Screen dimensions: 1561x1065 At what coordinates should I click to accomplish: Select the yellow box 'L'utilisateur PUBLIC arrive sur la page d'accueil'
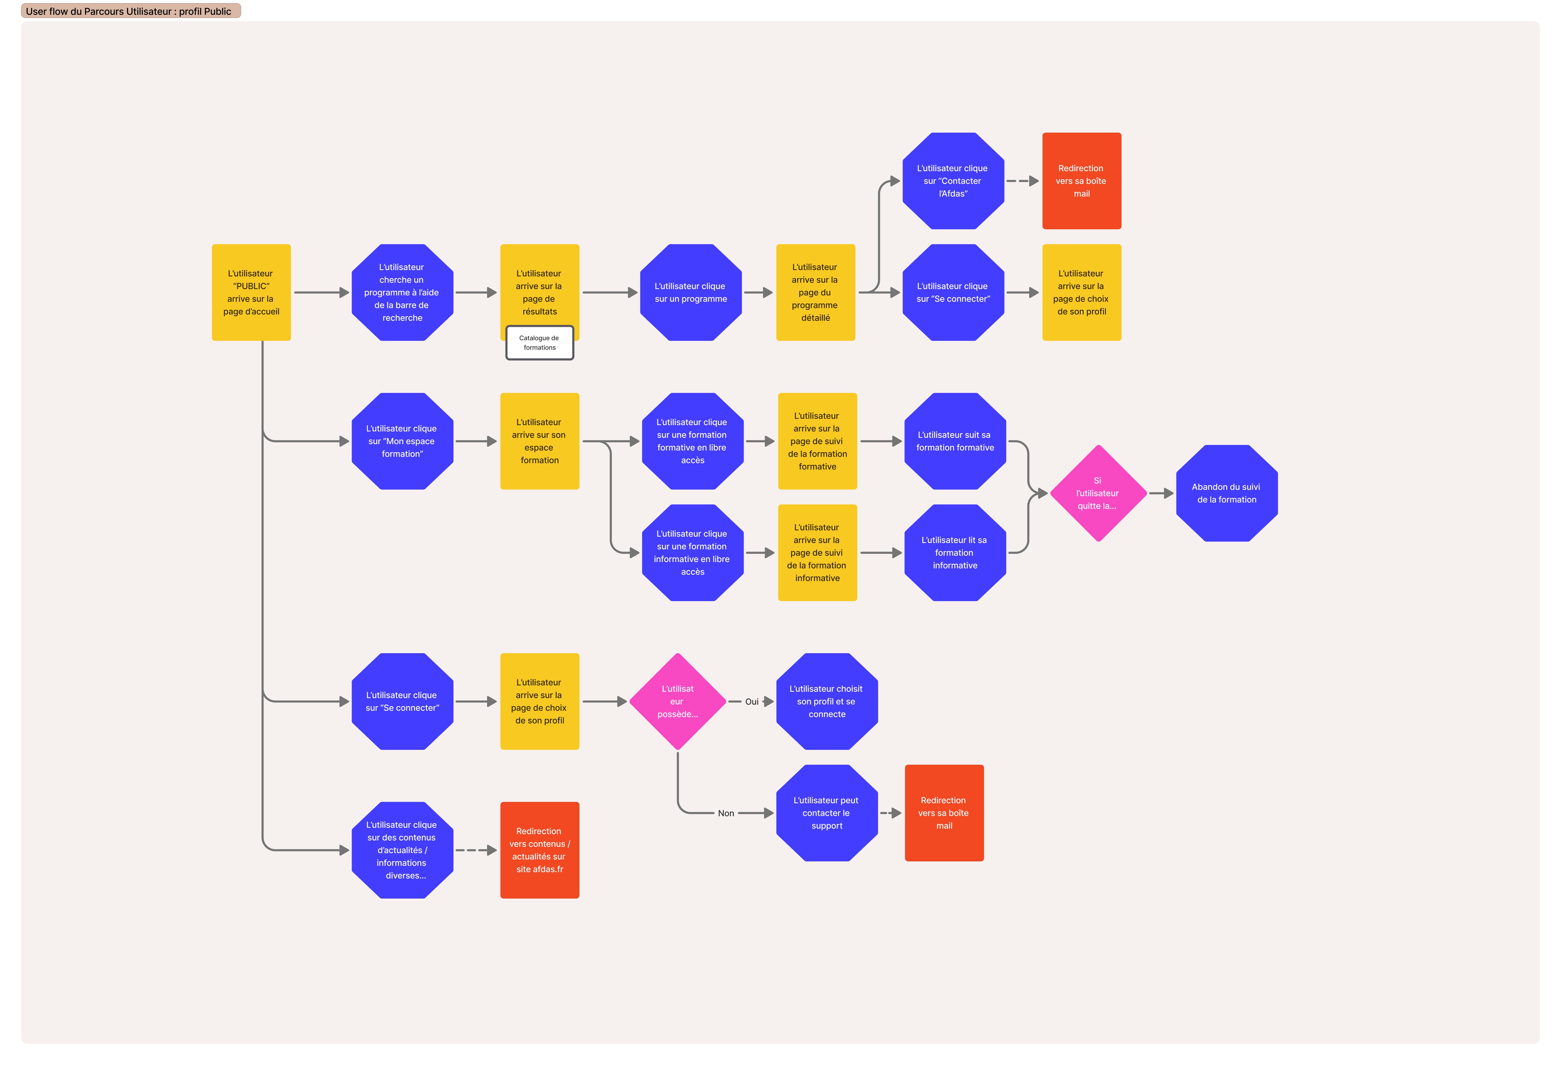click(x=251, y=292)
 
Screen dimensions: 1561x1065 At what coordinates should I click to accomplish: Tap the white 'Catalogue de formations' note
click(x=539, y=343)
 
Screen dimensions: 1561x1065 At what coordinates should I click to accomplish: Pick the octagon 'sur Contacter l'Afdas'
click(x=953, y=181)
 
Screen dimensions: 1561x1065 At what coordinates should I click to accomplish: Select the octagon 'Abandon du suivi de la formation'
click(x=1227, y=493)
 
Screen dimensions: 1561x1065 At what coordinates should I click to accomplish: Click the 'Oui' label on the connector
click(x=752, y=702)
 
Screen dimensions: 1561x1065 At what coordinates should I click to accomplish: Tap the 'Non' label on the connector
click(x=726, y=813)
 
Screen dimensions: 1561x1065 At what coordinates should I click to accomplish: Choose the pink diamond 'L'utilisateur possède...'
click(x=678, y=702)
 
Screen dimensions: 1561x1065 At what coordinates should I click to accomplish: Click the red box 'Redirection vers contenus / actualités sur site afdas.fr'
click(x=539, y=850)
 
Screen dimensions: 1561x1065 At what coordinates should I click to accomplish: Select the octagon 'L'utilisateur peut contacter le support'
click(x=827, y=813)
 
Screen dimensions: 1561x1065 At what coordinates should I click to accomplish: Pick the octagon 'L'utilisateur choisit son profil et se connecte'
click(x=827, y=702)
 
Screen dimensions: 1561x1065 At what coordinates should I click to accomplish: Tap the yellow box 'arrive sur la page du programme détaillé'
click(x=815, y=292)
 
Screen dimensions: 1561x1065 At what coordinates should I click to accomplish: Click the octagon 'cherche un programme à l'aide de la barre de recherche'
click(x=402, y=292)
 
